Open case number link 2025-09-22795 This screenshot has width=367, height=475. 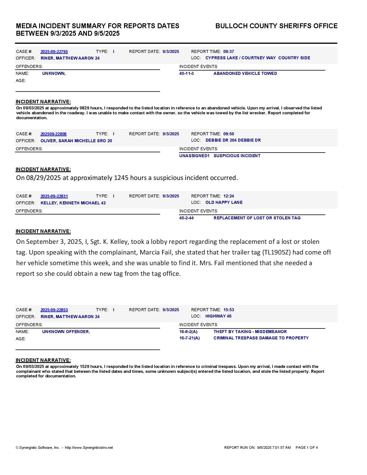tap(54, 52)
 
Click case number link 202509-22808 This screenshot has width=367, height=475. tap(54, 134)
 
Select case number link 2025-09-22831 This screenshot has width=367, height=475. tap(54, 196)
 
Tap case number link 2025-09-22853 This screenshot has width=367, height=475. tap(54, 310)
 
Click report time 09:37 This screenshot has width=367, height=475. tap(229, 52)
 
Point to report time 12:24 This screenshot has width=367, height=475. tap(229, 196)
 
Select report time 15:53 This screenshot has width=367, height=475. tap(229, 310)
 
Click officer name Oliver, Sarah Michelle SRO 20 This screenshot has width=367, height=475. tap(76, 141)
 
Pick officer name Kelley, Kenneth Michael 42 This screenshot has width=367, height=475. tap(73, 203)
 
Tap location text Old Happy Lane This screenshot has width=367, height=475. tap(224, 202)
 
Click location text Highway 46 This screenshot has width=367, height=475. tap(218, 316)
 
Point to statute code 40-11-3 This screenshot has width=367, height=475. tap(187, 73)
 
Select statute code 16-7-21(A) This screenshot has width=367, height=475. tap(189, 338)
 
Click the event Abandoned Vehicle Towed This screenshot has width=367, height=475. tap(245, 73)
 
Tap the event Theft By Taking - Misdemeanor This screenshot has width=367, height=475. tap(250, 332)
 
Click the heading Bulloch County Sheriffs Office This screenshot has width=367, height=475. tap(276, 26)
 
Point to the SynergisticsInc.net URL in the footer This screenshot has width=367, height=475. tap(89, 448)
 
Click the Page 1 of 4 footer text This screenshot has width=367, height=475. tap(307, 448)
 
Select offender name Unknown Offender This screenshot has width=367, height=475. tap(66, 332)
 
